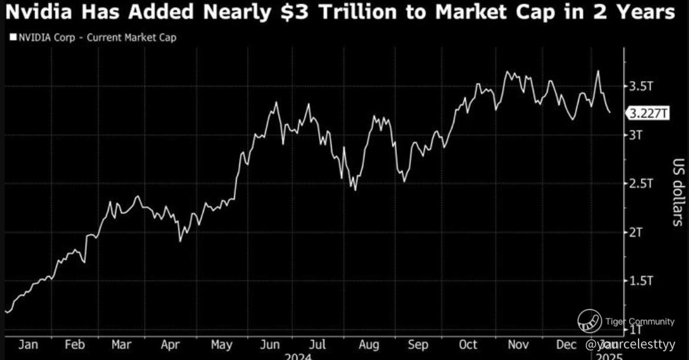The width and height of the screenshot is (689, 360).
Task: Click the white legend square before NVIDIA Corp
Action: pyautogui.click(x=12, y=38)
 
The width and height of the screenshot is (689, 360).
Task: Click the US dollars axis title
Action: pyautogui.click(x=677, y=191)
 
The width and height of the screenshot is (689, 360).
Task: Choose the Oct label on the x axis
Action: pyautogui.click(x=468, y=344)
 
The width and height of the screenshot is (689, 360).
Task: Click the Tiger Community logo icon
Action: pyautogui.click(x=589, y=321)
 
